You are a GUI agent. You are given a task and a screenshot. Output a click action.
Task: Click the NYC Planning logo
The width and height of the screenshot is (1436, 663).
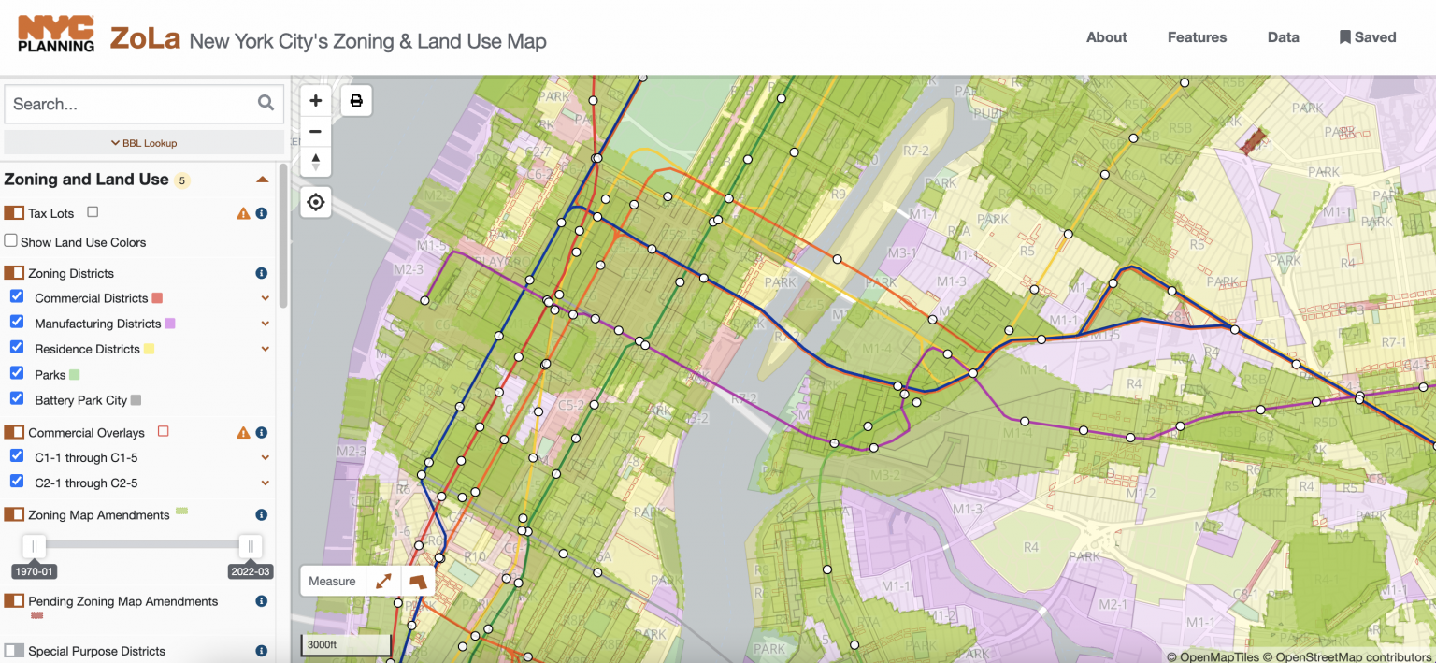tap(56, 34)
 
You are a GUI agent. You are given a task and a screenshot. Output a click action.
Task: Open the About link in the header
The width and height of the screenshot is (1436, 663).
tap(1106, 37)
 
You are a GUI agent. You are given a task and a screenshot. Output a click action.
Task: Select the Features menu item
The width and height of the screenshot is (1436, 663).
tap(1197, 37)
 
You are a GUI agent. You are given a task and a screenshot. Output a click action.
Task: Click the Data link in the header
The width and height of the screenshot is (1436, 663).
tap(1283, 37)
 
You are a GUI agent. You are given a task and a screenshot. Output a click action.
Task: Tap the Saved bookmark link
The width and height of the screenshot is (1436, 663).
tap(1368, 37)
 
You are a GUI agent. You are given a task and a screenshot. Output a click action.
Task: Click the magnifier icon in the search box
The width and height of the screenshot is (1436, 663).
tap(266, 103)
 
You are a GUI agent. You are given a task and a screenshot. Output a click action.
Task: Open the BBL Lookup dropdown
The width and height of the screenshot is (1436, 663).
tap(144, 143)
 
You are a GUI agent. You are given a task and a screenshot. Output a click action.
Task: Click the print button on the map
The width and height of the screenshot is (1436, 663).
tap(356, 100)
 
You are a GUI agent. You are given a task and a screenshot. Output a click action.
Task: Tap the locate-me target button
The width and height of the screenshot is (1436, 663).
tap(316, 202)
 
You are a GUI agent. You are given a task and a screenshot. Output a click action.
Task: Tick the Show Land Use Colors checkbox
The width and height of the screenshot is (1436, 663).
tap(11, 241)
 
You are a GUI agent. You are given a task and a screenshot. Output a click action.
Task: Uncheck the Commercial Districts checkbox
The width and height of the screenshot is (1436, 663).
tap(17, 297)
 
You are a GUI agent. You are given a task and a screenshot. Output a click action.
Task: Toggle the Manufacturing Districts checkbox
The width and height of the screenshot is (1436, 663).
tap(17, 323)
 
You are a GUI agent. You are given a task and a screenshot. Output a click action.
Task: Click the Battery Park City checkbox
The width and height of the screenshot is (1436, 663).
tap(17, 399)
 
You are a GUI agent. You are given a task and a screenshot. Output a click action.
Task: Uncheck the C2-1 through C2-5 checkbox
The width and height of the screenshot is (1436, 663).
tap(17, 483)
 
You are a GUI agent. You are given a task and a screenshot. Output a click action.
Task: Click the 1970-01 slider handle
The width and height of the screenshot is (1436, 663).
tap(35, 546)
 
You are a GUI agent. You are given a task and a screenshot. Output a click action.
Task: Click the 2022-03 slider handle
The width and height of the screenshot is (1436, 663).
tap(250, 546)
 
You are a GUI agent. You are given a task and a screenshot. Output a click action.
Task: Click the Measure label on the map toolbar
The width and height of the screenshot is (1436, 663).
tap(332, 581)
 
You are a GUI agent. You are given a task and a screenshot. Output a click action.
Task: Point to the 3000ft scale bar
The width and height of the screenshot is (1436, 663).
tap(345, 645)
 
